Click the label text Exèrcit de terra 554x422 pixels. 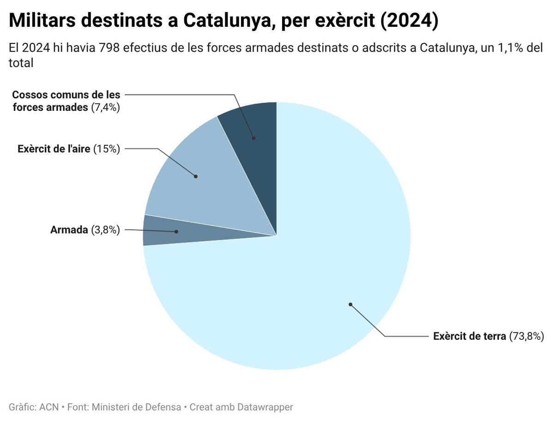470,337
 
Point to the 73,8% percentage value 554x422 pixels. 527,337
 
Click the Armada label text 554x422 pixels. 69,230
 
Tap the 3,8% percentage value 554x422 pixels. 106,230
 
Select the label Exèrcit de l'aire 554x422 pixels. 54,149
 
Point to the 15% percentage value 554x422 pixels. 107,149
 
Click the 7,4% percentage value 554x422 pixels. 106,108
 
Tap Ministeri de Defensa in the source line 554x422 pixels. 136,407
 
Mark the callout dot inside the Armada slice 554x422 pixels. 176,231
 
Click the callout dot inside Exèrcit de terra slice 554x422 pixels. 350,304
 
